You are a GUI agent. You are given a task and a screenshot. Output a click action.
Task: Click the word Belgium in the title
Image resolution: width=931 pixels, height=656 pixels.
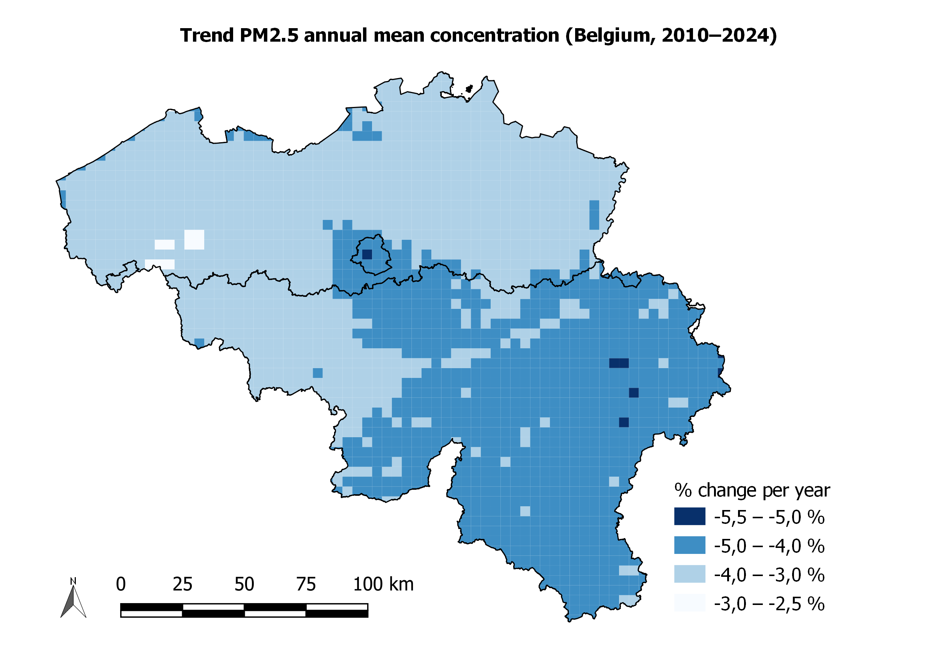(614, 36)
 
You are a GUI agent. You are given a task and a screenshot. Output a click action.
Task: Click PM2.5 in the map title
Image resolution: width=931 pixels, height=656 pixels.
(269, 36)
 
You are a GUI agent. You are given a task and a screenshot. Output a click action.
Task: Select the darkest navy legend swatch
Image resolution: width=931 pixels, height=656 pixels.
(689, 516)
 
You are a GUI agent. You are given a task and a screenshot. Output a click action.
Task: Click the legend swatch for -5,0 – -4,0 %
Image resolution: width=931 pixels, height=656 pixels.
(689, 545)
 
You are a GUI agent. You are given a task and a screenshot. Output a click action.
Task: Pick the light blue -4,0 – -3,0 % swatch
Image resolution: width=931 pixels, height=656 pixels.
(689, 574)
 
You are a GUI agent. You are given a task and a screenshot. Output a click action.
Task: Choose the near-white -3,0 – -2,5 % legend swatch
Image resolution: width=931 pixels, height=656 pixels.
(689, 602)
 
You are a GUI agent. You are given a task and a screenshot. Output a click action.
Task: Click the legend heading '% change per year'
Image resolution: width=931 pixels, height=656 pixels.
(752, 490)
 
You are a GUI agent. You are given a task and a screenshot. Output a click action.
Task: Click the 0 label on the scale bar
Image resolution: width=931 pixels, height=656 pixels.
(121, 584)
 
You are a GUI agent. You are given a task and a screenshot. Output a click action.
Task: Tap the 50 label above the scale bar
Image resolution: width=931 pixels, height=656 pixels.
(244, 584)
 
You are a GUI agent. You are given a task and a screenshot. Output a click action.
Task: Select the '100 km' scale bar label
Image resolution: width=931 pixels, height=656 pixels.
(383, 584)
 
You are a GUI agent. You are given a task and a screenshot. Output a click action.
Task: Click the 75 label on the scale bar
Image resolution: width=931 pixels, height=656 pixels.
(306, 584)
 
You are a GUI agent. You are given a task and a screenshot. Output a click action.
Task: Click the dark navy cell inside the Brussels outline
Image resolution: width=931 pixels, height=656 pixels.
(367, 254)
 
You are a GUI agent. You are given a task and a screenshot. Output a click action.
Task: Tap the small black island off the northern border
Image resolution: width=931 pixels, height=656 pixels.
(469, 89)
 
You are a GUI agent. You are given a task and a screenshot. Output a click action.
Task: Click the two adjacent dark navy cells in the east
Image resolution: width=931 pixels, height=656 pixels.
(619, 363)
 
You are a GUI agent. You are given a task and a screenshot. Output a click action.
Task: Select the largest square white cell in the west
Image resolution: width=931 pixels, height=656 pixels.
(194, 239)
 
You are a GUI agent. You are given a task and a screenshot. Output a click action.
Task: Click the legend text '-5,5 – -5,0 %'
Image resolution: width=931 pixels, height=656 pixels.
(769, 517)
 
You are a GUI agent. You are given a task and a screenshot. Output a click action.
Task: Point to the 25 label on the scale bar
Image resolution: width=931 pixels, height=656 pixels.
(182, 584)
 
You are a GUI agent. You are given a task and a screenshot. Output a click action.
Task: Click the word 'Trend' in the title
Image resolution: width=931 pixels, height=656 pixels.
(207, 36)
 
